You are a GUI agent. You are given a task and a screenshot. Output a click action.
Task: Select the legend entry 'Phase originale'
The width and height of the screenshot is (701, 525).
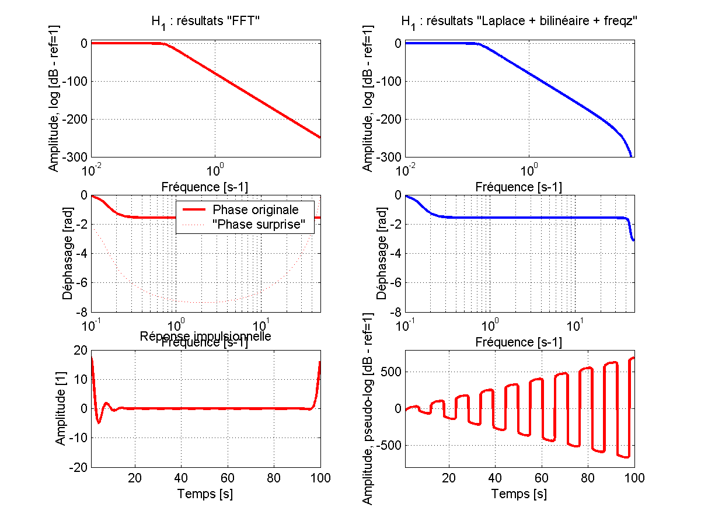pos(256,209)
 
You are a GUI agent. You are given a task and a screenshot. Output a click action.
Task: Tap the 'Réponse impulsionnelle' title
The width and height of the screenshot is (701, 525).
pos(205,336)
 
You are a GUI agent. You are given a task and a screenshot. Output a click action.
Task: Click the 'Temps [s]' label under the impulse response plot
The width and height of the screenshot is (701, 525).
pos(205,494)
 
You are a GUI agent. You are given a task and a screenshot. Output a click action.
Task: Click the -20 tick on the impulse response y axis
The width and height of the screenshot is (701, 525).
pos(78,467)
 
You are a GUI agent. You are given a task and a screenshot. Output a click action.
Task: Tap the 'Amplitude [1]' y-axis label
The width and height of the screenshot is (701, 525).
pos(61,408)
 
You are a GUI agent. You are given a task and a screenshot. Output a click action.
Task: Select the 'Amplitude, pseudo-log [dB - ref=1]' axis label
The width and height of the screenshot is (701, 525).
pos(368,408)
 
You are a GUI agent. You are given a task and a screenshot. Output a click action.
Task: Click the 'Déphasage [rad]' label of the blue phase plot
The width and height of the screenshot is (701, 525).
pos(381,254)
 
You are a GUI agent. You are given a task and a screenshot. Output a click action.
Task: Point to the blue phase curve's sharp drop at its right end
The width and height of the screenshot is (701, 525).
pos(630,230)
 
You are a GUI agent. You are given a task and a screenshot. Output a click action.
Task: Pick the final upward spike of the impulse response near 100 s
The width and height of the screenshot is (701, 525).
pos(319,365)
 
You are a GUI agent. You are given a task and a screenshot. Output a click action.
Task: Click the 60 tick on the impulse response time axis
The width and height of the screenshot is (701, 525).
pos(228,478)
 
